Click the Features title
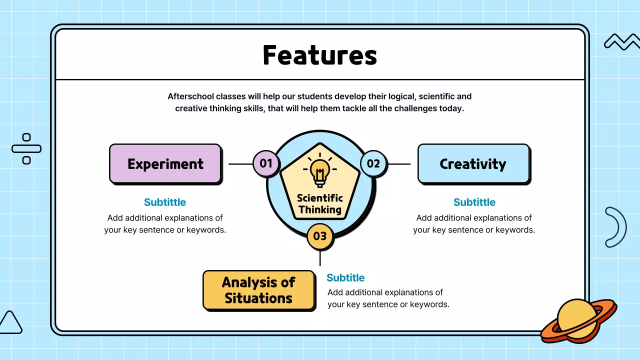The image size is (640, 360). click(319, 55)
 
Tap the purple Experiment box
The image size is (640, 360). click(165, 164)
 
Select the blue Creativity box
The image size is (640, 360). click(473, 164)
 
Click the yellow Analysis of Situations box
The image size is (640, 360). click(259, 290)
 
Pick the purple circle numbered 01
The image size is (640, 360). click(266, 163)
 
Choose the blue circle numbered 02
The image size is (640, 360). click(373, 163)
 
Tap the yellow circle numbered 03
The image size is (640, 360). click(320, 236)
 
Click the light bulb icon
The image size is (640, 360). click(319, 170)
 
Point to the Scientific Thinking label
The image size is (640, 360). click(319, 203)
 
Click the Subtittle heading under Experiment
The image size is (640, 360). click(165, 202)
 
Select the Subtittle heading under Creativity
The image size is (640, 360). click(474, 202)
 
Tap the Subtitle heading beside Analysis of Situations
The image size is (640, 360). click(345, 277)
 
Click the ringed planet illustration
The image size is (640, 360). click(579, 320)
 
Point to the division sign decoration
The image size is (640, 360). click(26, 149)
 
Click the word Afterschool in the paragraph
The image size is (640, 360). click(190, 96)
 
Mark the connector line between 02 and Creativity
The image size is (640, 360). click(399, 164)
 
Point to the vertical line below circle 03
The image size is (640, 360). click(320, 258)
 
